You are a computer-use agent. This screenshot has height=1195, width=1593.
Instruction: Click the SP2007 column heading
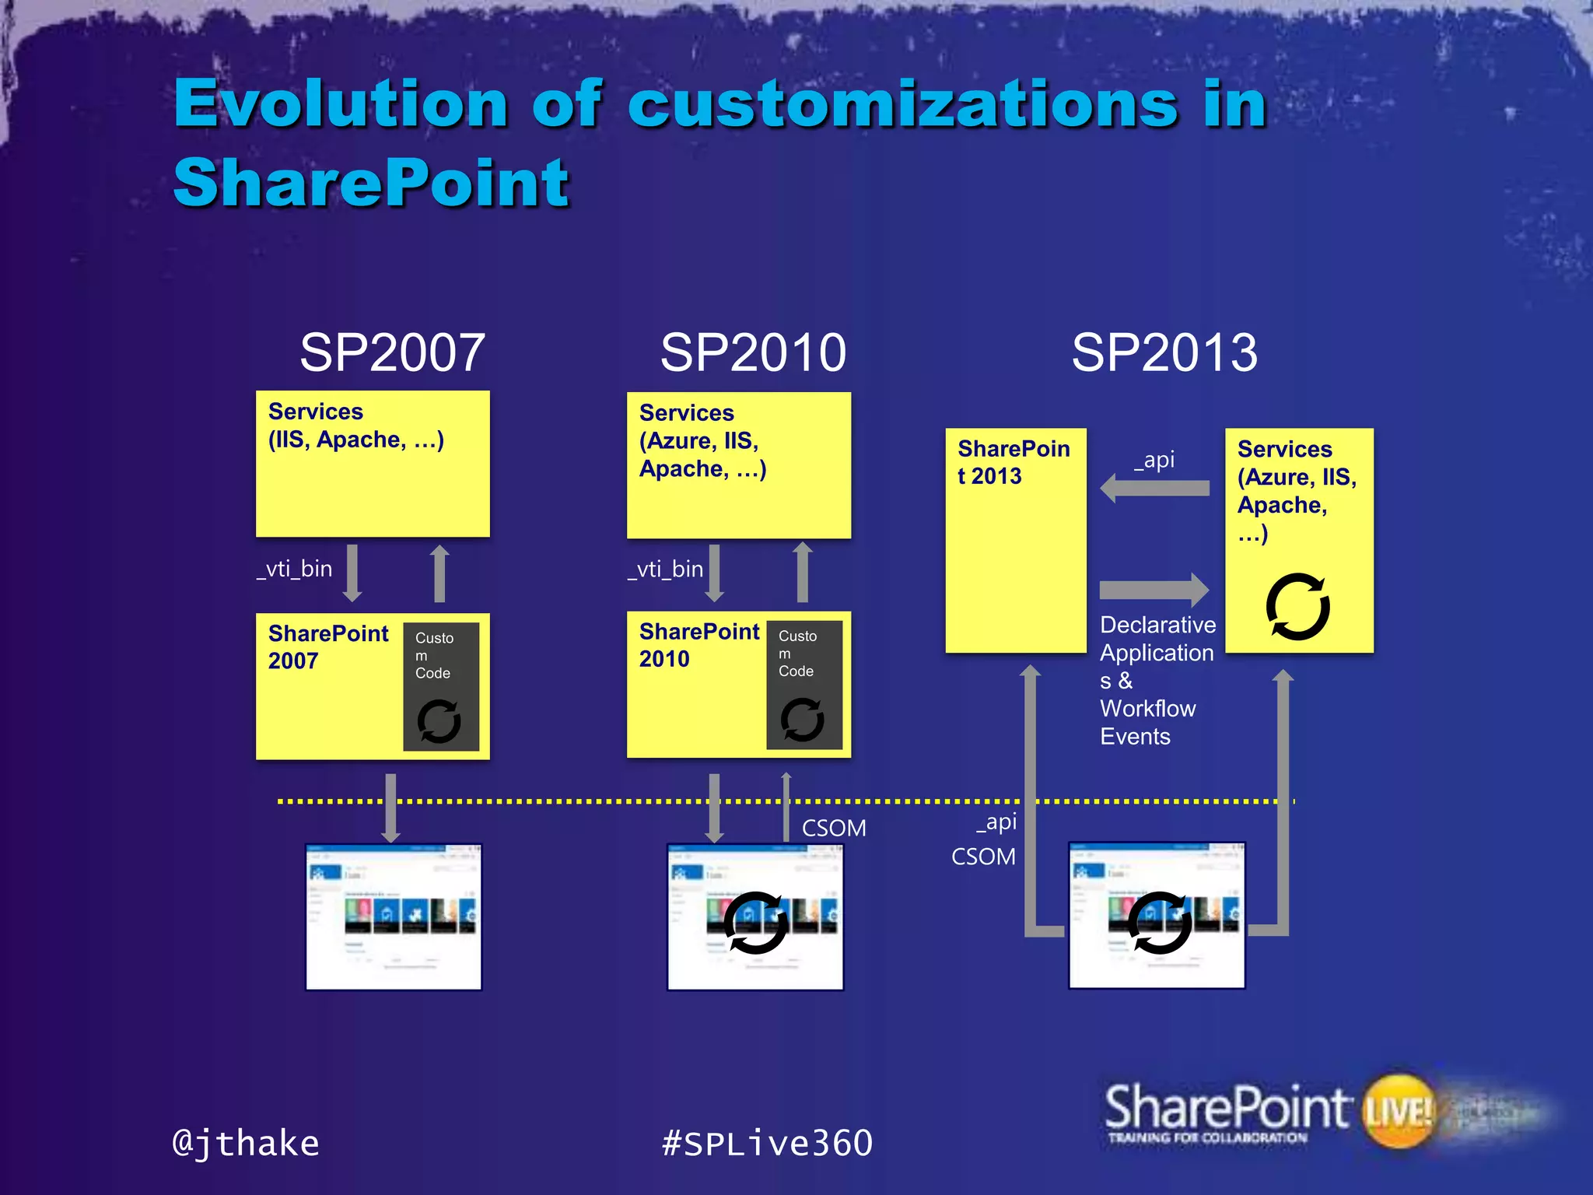point(393,352)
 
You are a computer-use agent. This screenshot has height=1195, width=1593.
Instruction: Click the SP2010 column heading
point(753,352)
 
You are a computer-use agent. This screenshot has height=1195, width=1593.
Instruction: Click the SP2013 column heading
point(1164,352)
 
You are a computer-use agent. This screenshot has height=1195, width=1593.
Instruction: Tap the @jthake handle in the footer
point(246,1143)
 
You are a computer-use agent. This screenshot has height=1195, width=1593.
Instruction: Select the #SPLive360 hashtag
point(767,1143)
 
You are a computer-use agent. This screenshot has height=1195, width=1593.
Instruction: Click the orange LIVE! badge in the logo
point(1399,1111)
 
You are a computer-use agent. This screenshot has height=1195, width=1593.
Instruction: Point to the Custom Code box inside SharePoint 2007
point(440,685)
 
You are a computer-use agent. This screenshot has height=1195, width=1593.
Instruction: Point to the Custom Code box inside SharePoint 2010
point(804,684)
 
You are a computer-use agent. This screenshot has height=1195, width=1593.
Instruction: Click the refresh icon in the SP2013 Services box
point(1297,607)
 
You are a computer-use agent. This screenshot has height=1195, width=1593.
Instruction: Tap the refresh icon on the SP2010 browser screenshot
point(754,923)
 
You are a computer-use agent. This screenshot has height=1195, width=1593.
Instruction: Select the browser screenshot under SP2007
point(394,916)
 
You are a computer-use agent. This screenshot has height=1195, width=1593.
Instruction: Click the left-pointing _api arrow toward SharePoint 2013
point(1154,489)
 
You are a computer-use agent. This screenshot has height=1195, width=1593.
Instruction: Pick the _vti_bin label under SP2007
point(295,569)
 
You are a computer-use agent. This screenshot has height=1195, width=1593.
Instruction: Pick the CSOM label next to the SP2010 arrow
point(834,828)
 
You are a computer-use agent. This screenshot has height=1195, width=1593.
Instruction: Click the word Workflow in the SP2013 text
point(1147,709)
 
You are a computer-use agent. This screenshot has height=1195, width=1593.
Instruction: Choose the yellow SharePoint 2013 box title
point(1013,462)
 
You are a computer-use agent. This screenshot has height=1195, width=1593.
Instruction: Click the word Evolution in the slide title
point(341,103)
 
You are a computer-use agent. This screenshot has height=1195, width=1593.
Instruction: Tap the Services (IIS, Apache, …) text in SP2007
point(355,426)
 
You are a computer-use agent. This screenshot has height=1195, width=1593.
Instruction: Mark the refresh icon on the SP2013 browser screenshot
point(1159,923)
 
